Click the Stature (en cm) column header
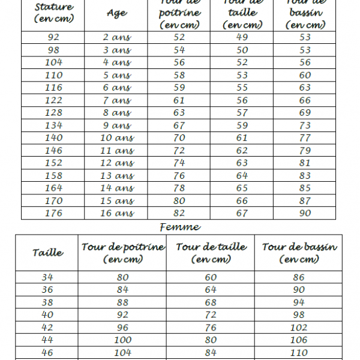click(x=53, y=13)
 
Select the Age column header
click(x=116, y=13)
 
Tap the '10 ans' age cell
click(x=117, y=138)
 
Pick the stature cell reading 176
click(x=53, y=213)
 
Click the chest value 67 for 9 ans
click(x=179, y=125)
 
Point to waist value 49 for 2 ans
click(x=242, y=37)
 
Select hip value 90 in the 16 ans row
click(x=305, y=213)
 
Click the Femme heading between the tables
click(x=180, y=227)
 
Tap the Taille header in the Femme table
click(x=47, y=253)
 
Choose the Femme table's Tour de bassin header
click(x=299, y=253)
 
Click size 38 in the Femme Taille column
click(x=47, y=302)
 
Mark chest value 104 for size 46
click(x=122, y=353)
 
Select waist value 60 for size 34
click(x=211, y=277)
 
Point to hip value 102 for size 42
click(x=299, y=328)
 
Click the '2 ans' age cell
click(x=117, y=37)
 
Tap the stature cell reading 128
click(x=53, y=113)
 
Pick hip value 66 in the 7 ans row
click(x=305, y=100)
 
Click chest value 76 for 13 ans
click(x=179, y=176)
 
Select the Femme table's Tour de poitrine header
click(x=122, y=253)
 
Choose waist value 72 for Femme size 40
click(x=211, y=315)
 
